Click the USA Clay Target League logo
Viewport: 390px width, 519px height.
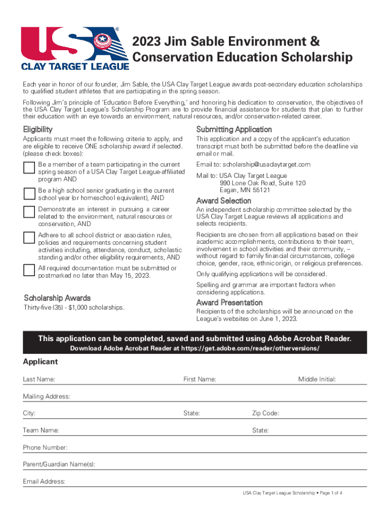[x=71, y=49]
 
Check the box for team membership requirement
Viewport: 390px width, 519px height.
[x=29, y=168]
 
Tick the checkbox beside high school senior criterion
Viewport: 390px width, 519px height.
[x=29, y=193]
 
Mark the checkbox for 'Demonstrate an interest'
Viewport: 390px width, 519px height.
[x=29, y=212]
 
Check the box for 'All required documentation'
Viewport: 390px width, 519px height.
[x=29, y=270]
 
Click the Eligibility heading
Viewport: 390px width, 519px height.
[x=38, y=129]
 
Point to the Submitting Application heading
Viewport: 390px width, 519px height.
[x=234, y=129]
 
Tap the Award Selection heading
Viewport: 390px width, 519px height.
[x=223, y=201]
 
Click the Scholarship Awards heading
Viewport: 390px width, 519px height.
[x=57, y=298]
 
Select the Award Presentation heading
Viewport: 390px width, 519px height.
[x=229, y=303]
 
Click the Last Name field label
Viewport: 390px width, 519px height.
[x=39, y=379]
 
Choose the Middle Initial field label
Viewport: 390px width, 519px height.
[x=317, y=379]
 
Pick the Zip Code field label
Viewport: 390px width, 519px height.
[x=265, y=414]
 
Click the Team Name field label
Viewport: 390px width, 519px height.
[x=41, y=431]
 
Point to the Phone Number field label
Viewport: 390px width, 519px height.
[x=45, y=448]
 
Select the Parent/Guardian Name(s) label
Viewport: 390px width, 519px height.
[x=59, y=465]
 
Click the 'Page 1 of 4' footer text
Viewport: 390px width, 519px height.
[x=326, y=492]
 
